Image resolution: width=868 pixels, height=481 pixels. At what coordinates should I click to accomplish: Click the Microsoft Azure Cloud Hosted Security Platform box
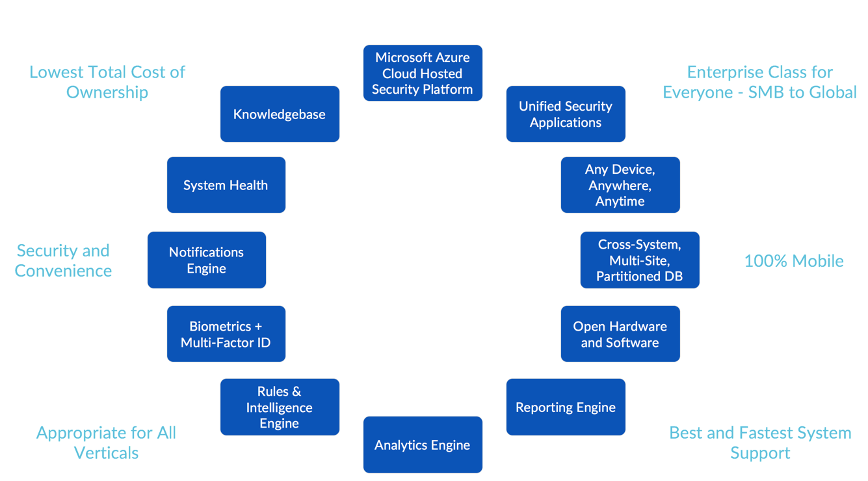pos(423,73)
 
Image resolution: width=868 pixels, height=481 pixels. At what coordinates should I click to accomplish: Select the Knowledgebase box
pos(280,114)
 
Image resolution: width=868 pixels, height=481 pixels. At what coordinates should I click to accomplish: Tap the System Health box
pos(226,185)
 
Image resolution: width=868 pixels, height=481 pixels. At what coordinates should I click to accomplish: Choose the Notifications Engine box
pos(206,260)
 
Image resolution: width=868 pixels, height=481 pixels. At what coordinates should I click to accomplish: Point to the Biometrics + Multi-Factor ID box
pos(226,334)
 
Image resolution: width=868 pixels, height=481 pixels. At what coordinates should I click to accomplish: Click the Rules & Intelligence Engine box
pos(280,407)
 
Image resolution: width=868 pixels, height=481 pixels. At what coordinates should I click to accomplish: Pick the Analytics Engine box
pos(423,445)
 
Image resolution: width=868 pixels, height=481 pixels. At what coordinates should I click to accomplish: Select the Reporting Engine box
pos(566,407)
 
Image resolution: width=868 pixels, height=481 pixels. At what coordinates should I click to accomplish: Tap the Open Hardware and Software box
pos(620,334)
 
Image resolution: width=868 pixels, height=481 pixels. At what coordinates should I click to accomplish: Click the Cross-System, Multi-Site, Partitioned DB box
pos(639,260)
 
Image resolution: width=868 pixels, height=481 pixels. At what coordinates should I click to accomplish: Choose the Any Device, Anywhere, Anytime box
pos(620,185)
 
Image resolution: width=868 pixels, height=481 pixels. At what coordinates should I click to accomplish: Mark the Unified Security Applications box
pos(566,114)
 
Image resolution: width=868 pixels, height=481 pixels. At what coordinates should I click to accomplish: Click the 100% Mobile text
pos(793,261)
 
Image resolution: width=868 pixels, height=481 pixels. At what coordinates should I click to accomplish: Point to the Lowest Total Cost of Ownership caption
pos(107,82)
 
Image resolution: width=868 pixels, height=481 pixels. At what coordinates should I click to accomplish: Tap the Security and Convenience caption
pos(63,260)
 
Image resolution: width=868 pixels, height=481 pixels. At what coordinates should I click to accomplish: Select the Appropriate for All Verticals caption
pos(107,443)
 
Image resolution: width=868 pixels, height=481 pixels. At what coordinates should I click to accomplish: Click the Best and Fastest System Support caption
pos(760,443)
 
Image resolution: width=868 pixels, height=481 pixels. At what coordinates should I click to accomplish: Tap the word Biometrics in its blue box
pos(220,326)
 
